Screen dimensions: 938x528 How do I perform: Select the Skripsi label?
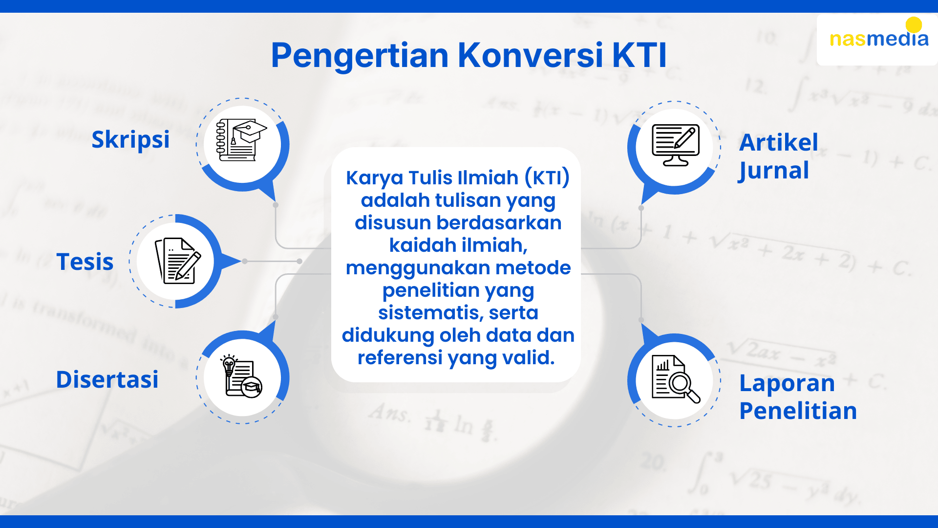pos(130,140)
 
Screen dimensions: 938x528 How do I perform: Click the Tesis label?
pos(85,262)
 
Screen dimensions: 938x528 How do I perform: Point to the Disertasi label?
pos(107,379)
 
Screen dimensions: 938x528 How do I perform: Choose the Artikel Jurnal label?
pos(779,156)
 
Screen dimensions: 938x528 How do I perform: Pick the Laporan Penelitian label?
pos(798,396)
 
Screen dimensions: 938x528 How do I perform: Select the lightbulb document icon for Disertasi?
pos(241,376)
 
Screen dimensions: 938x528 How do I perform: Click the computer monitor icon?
pos(676,145)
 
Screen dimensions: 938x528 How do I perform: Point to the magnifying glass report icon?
pos(676,379)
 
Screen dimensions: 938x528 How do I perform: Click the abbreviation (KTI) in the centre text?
pos(547,178)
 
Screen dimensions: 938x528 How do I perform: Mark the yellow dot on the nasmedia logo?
pos(914,25)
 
